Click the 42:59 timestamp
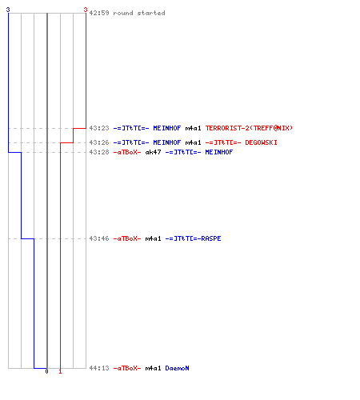tap(99, 13)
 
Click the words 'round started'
tap(139, 13)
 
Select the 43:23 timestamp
tap(99, 128)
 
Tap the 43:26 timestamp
tap(99, 142)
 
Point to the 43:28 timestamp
tap(99, 152)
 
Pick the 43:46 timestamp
tap(99, 238)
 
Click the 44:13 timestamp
tap(99, 368)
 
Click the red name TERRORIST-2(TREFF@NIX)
tap(249, 128)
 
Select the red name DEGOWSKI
tap(261, 142)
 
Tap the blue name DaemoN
tap(177, 368)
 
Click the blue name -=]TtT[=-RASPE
tap(193, 238)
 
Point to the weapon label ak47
tap(153, 152)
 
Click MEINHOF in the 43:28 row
tap(219, 152)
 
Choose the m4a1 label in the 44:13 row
tap(153, 368)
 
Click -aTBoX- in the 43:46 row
tap(127, 238)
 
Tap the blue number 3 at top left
tap(8, 10)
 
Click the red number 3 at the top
tap(86, 10)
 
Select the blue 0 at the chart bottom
tap(46, 371)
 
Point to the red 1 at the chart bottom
tap(60, 371)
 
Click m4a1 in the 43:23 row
tap(193, 128)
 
